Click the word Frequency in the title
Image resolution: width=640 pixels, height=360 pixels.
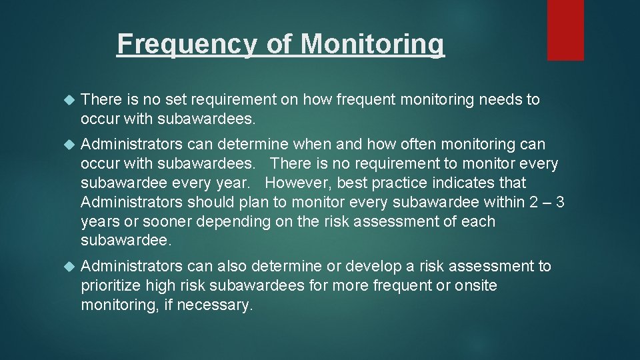[186, 45]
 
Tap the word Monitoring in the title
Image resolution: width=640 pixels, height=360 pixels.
[372, 45]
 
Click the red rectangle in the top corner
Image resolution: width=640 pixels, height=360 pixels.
[565, 30]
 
